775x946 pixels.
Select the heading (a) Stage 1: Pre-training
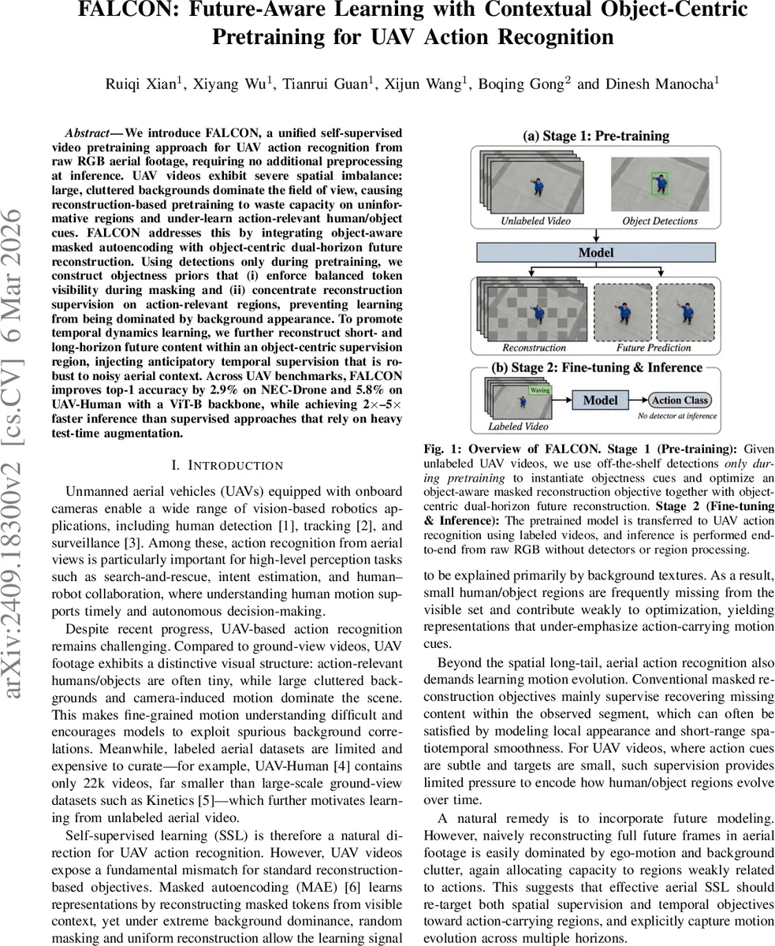coord(595,136)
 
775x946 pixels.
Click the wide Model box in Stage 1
coord(595,252)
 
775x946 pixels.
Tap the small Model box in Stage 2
coord(599,400)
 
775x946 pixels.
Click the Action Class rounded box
coord(680,400)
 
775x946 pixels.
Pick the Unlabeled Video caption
coord(535,221)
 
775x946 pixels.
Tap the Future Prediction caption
coord(653,347)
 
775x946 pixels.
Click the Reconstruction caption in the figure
coord(534,347)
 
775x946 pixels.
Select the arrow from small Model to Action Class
coord(639,400)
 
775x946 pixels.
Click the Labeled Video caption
coord(519,426)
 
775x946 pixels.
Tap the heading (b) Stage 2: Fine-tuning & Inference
coord(595,367)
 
